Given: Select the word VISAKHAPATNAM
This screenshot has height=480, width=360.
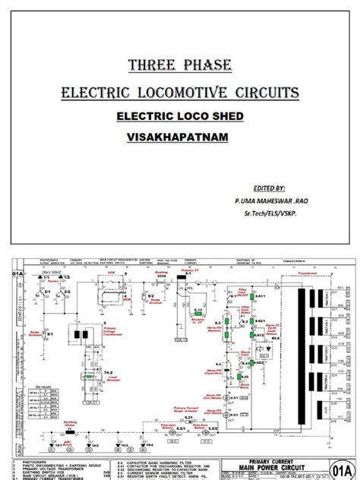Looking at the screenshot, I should [x=179, y=141].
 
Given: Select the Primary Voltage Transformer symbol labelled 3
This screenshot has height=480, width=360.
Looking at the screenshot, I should [x=78, y=333].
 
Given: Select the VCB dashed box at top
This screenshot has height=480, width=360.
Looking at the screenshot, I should [x=109, y=285].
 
